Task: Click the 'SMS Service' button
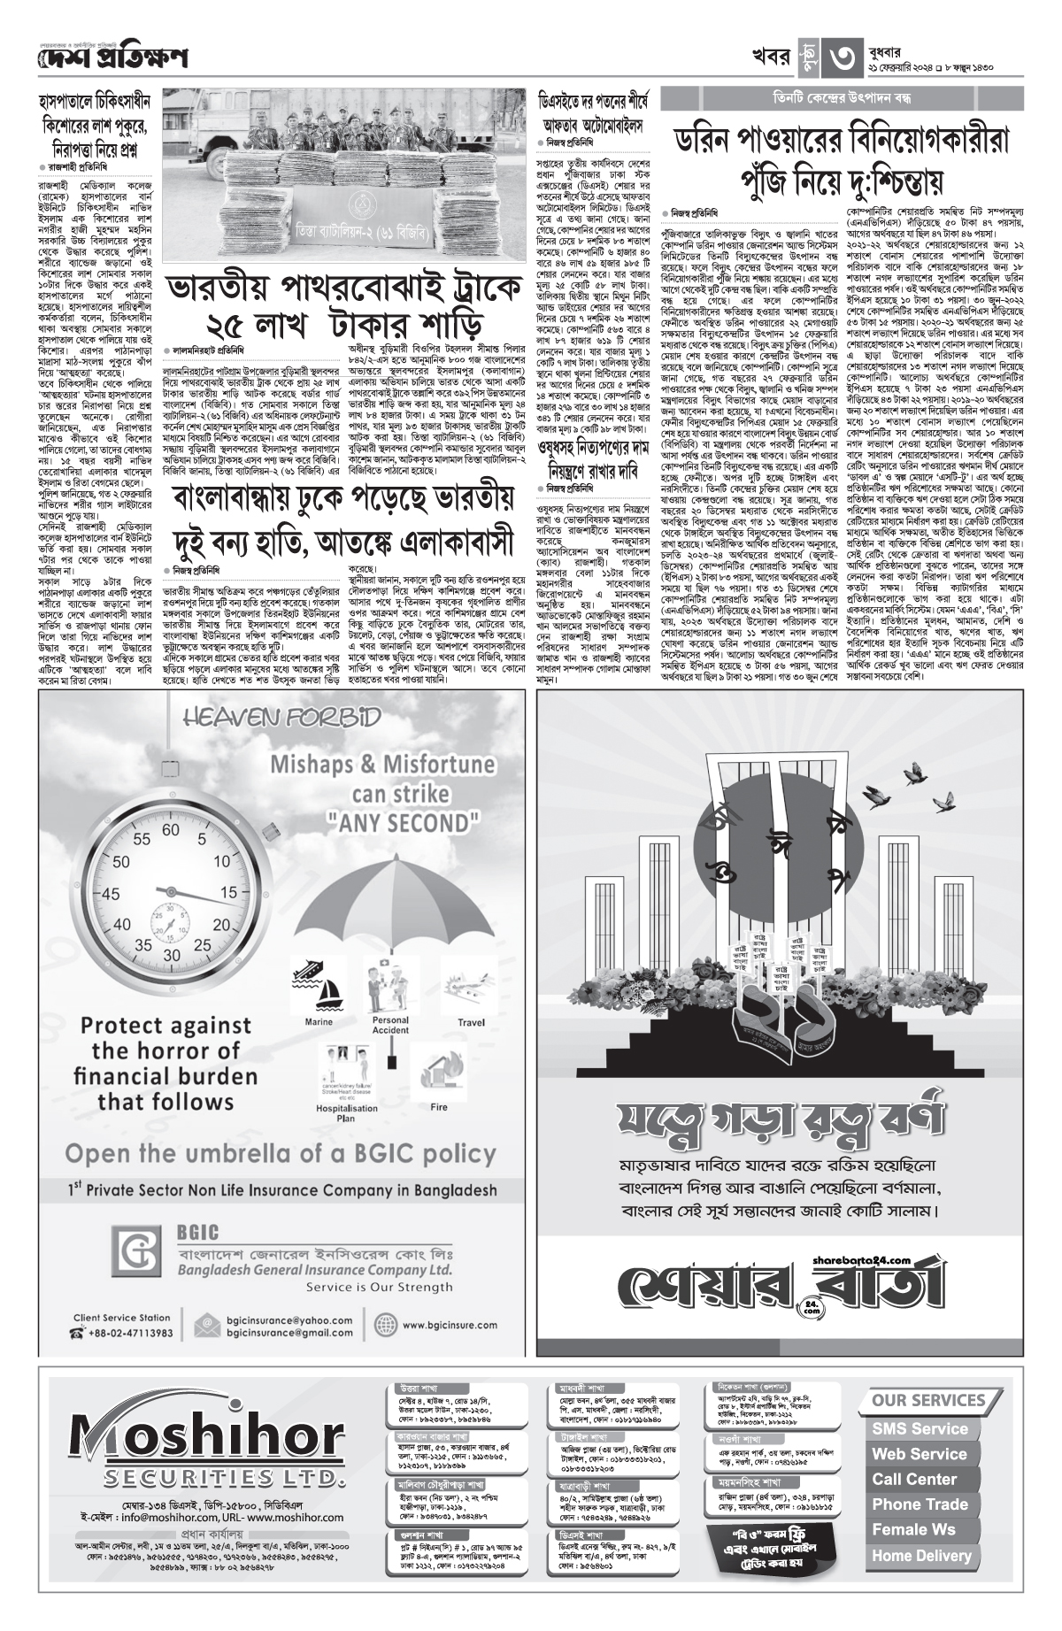[x=920, y=1428]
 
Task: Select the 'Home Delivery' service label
[x=920, y=1555]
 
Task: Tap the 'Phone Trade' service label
[x=920, y=1504]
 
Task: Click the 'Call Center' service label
[x=914, y=1479]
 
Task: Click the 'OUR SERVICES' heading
[x=928, y=1401]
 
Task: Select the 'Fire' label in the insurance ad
[x=438, y=1106]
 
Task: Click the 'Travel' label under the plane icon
[x=471, y=1022]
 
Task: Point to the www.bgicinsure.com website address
[x=447, y=1326]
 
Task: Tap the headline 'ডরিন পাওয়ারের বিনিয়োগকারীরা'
[x=842, y=141]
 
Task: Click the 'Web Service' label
[x=919, y=1453]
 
